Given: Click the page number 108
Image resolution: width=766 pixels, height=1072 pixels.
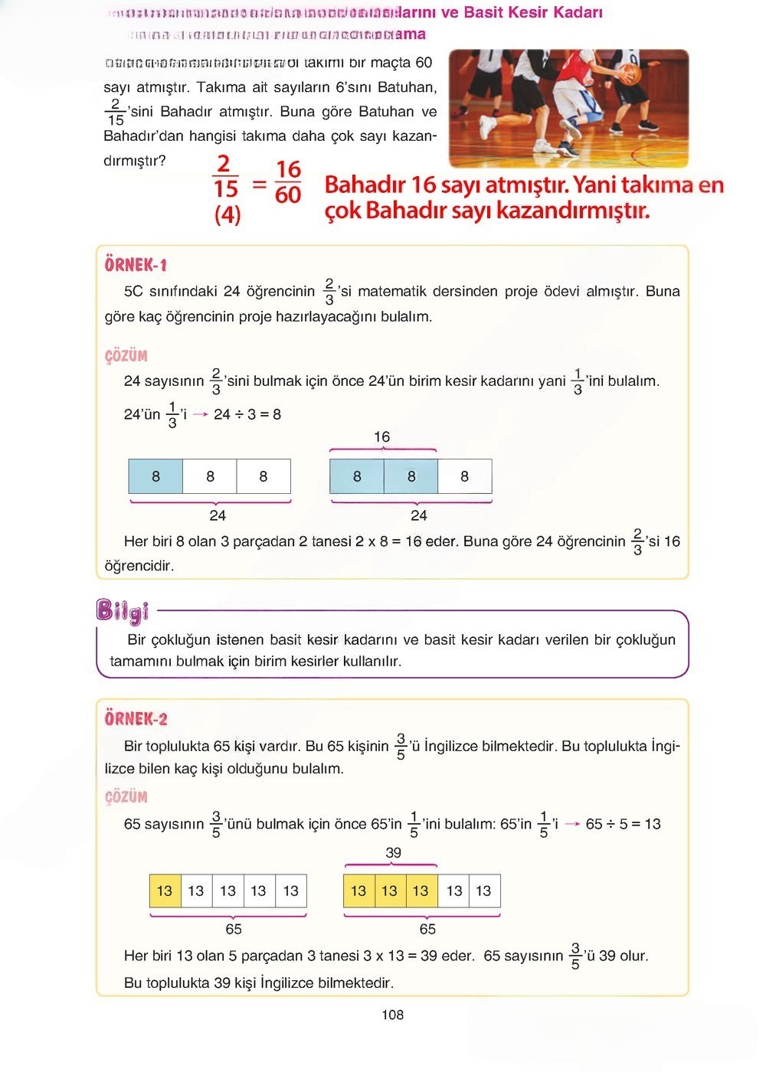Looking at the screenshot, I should pos(392,1015).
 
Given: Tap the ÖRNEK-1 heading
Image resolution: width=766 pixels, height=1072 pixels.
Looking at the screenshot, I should pos(136,265).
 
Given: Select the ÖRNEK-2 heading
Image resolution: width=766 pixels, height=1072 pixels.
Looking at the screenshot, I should pos(136,718).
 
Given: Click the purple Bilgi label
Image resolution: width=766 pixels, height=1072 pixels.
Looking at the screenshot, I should pos(122,610).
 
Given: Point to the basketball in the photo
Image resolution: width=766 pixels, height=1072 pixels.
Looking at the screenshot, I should pos(629,74).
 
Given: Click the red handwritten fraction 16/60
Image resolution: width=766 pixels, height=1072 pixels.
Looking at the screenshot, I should pos(288,181).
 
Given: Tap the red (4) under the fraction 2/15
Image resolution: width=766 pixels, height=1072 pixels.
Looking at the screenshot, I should pos(227,214).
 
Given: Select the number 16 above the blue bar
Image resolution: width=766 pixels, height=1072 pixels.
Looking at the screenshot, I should pos(381,436).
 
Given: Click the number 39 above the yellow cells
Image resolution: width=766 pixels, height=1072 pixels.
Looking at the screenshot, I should pos(393,852).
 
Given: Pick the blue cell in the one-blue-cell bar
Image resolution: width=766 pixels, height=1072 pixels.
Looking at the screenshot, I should pos(156,476).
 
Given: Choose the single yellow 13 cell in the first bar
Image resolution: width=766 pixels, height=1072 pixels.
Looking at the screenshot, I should pos(165,891).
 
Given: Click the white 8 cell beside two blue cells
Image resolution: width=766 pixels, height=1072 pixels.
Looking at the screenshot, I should pos(464,476).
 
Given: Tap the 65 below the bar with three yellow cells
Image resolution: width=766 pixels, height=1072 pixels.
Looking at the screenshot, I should pos(427,929).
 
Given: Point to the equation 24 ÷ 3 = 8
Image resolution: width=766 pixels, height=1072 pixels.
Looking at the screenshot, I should pos(247,414).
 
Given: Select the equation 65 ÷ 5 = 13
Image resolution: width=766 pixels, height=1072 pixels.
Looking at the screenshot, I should pos(623,824).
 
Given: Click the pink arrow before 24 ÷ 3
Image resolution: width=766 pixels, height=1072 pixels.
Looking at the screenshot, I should pos(200,414).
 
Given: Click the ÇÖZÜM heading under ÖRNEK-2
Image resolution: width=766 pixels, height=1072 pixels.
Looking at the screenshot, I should pos(126,796).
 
